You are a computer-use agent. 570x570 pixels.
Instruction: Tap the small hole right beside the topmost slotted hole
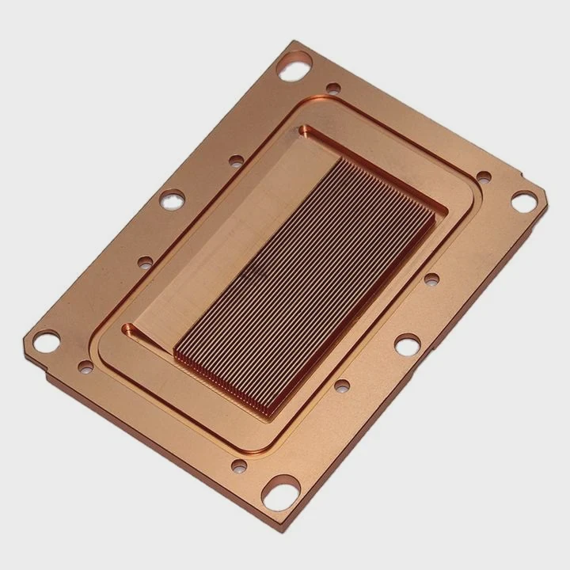pyautogui.click(x=333, y=89)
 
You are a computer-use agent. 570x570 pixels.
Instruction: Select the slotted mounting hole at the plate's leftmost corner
pyautogui.click(x=46, y=341)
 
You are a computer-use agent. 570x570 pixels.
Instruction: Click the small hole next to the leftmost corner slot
pyautogui.click(x=85, y=366)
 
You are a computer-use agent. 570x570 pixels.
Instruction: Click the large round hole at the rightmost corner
pyautogui.click(x=523, y=202)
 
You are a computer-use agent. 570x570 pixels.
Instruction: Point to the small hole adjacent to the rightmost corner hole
pyautogui.click(x=483, y=177)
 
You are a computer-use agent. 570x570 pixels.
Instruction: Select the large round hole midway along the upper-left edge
pyautogui.click(x=172, y=199)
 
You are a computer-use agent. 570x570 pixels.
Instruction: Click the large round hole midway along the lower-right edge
pyautogui.click(x=407, y=345)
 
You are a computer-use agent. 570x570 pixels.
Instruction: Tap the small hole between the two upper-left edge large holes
pyautogui.click(x=236, y=161)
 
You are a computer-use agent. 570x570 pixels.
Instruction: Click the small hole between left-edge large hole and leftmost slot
pyautogui.click(x=145, y=261)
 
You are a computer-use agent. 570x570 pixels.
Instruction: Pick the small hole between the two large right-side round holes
pyautogui.click(x=431, y=279)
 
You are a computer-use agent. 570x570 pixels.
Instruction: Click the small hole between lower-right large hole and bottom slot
pyautogui.click(x=342, y=386)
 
